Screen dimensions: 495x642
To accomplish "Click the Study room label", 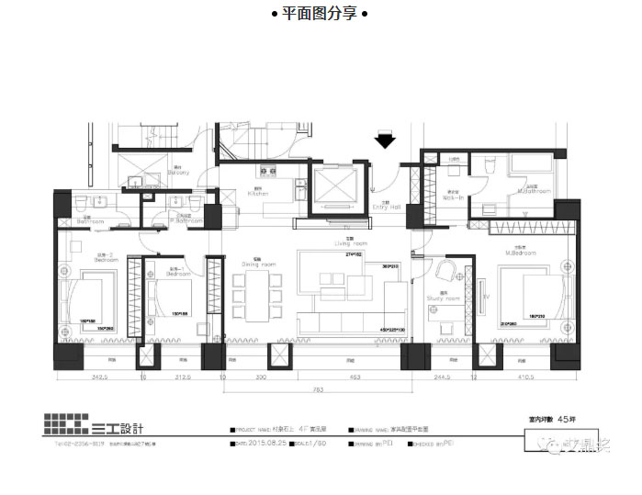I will click(443, 298).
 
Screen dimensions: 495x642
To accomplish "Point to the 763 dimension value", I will click(317, 389).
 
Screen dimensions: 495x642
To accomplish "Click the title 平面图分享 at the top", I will click(320, 14).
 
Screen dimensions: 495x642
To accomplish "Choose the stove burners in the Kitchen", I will click(268, 170).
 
